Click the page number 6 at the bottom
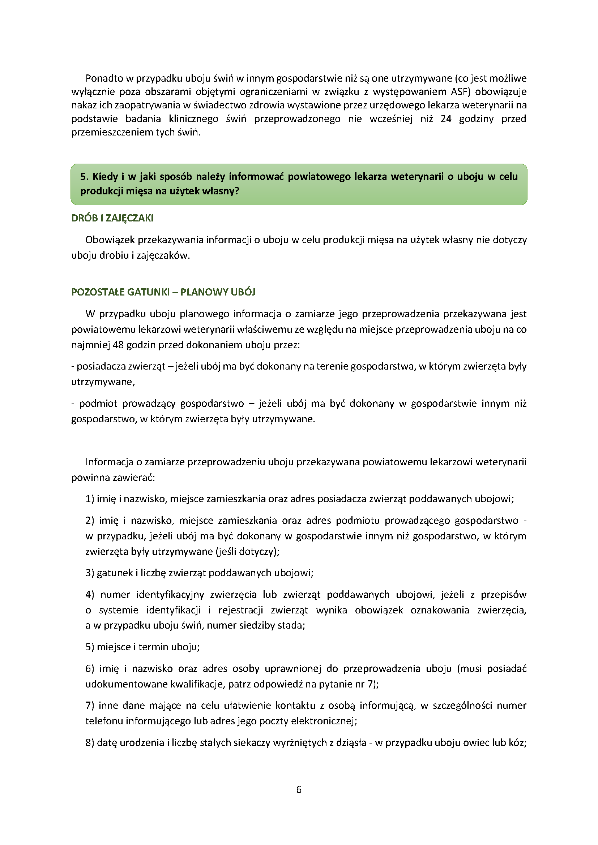(299, 789)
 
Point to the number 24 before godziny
(445, 118)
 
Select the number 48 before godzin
(118, 345)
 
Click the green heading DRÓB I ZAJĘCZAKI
(112, 218)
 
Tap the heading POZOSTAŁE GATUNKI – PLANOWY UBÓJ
(163, 292)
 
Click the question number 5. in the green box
(84, 176)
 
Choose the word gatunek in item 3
(115, 573)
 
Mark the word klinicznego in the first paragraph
(193, 118)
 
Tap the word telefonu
(104, 721)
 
